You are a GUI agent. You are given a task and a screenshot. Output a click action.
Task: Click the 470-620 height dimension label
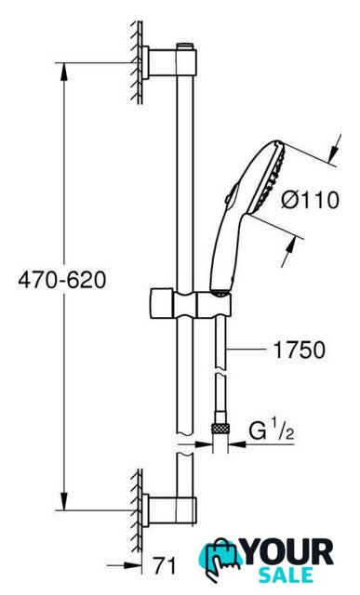(x=62, y=281)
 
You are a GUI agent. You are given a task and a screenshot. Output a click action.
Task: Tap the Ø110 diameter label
(x=310, y=200)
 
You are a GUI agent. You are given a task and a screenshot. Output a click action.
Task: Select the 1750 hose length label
(x=300, y=350)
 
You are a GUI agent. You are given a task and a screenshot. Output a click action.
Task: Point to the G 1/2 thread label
(x=272, y=430)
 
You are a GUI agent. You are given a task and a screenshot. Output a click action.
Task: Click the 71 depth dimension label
(x=165, y=566)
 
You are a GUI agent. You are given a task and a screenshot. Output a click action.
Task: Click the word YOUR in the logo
(x=289, y=553)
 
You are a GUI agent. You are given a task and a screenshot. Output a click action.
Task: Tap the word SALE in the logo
(x=287, y=575)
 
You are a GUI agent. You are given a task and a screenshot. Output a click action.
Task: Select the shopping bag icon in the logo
(x=220, y=559)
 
